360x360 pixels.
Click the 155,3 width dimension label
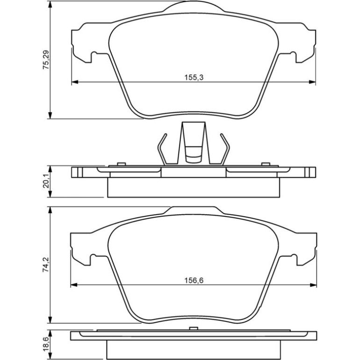(x=194, y=77)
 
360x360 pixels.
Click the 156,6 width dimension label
(x=194, y=281)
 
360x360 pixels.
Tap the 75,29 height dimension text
(x=46, y=60)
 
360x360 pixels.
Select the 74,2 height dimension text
(x=46, y=265)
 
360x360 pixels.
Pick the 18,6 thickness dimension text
(x=46, y=346)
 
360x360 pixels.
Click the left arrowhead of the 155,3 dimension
(x=75, y=82)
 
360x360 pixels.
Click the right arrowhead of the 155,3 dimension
(x=312, y=82)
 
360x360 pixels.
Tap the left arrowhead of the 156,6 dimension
(x=73, y=285)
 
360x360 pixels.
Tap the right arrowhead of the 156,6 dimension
(x=313, y=285)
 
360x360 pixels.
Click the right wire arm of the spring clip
(x=225, y=149)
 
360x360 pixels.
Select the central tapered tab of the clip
(x=194, y=142)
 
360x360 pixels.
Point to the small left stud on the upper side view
(x=121, y=164)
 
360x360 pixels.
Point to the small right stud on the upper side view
(x=266, y=164)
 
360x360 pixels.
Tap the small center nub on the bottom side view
(x=194, y=328)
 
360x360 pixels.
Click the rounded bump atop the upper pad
(x=194, y=5)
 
